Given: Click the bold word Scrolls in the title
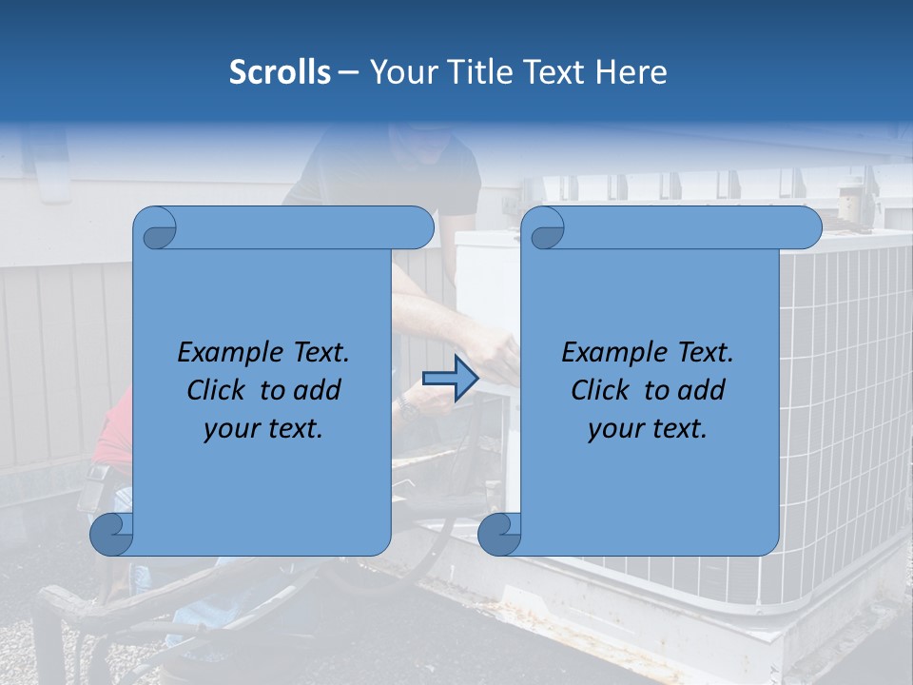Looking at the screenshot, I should (x=280, y=72).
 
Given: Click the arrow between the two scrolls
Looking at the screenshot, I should (x=450, y=379).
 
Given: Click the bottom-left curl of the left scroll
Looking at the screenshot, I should (x=111, y=534).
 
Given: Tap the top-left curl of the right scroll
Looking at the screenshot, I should (x=545, y=228).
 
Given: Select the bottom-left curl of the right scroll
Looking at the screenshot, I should (x=499, y=534).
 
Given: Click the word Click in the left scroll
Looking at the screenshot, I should (x=217, y=390).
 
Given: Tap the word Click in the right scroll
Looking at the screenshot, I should (x=601, y=390).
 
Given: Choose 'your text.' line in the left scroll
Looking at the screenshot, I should (x=263, y=429).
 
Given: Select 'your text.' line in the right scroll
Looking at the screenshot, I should (x=648, y=429).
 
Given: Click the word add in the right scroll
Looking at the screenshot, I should (x=701, y=390).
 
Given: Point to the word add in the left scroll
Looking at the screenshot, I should (x=317, y=390).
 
